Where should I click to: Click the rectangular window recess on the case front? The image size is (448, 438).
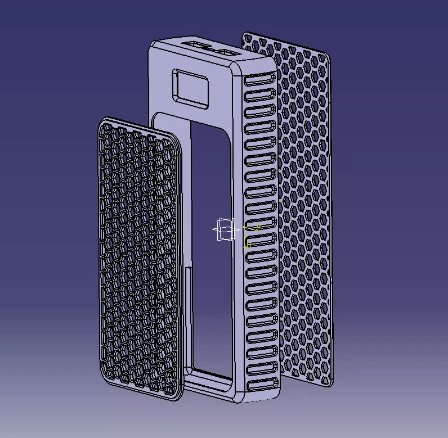pos(191,88)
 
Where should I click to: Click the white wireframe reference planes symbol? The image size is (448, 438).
pos(225,229)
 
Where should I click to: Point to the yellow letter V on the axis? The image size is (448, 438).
pos(258,227)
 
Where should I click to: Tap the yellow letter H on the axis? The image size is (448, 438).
pos(248,245)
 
